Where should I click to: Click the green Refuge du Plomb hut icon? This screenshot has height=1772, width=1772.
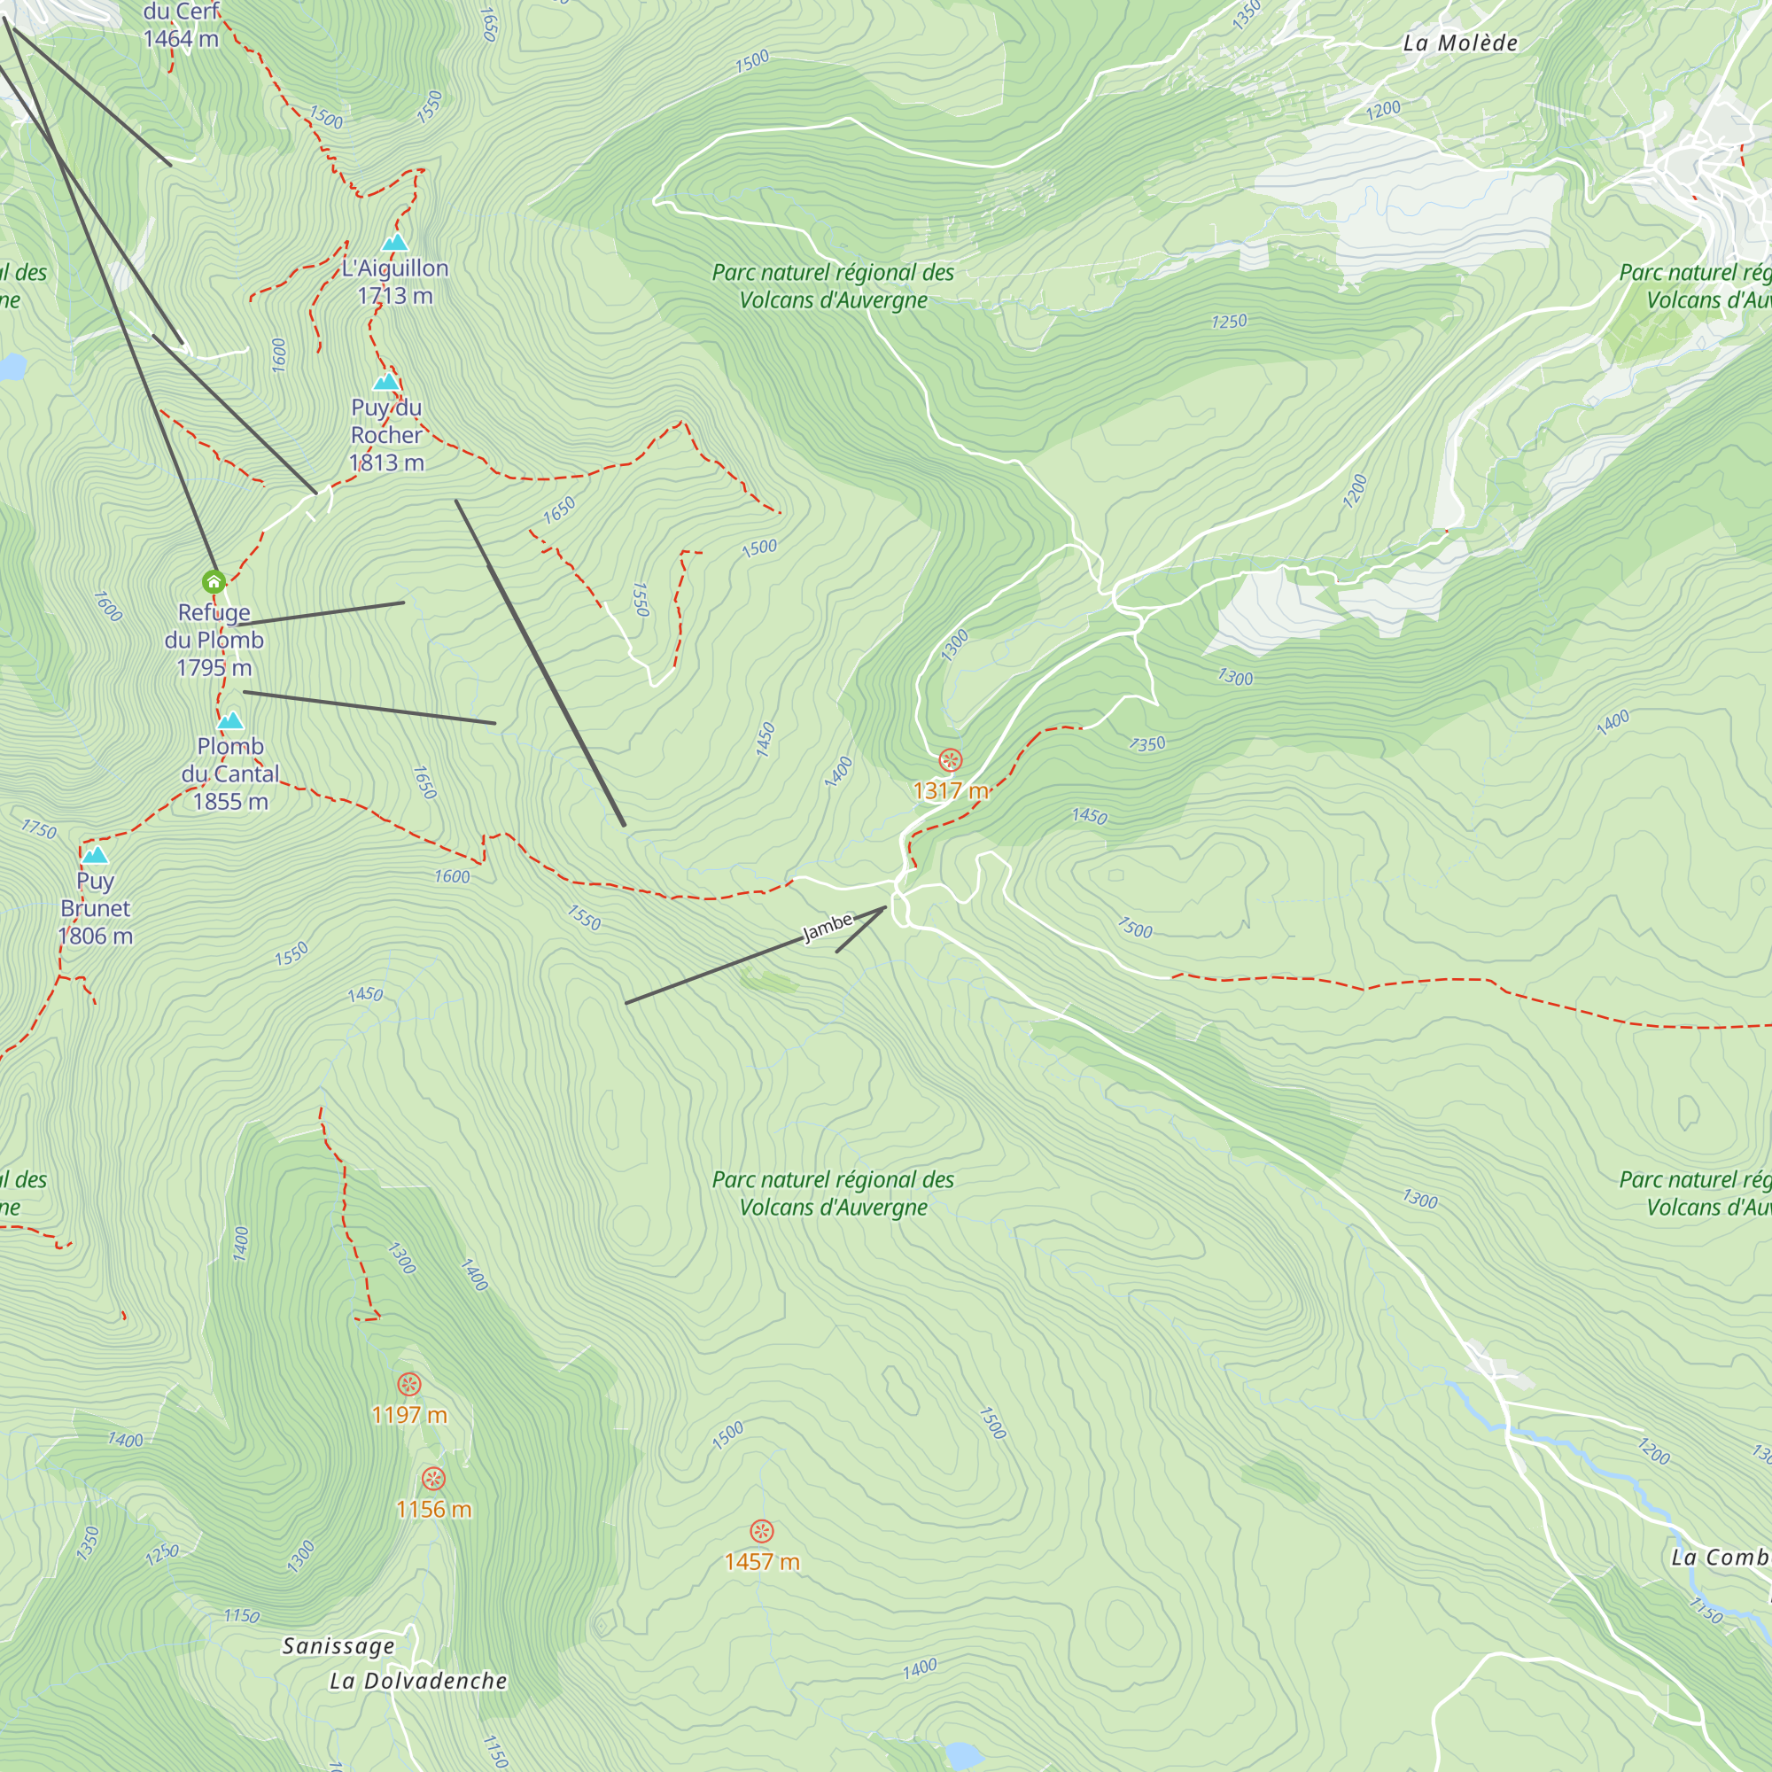(x=214, y=581)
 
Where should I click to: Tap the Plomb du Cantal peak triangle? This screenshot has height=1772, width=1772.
(x=230, y=721)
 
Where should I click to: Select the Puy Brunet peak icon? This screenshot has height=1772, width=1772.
(x=96, y=856)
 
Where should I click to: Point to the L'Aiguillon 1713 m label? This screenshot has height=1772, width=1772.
(x=395, y=282)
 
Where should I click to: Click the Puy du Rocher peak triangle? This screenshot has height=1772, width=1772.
(x=386, y=382)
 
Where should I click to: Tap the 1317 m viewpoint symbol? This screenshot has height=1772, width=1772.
(x=951, y=760)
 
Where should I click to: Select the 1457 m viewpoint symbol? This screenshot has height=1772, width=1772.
(x=761, y=1531)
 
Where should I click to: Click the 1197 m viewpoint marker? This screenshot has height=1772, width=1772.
(x=409, y=1384)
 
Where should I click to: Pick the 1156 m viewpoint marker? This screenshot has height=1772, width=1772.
(x=434, y=1479)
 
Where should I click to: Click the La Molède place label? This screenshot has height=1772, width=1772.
(x=1460, y=43)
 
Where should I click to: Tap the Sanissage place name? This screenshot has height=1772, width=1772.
(x=338, y=1645)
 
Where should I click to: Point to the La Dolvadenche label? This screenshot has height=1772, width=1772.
(x=418, y=1680)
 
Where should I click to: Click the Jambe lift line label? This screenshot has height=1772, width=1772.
(x=828, y=927)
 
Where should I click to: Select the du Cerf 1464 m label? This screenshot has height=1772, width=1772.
(x=182, y=25)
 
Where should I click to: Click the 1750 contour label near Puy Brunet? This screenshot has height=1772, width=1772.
(x=38, y=829)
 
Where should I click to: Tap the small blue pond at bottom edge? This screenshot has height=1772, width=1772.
(x=962, y=1755)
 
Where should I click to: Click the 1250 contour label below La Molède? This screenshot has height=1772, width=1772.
(x=1228, y=321)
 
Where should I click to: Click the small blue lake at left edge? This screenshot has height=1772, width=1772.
(x=11, y=367)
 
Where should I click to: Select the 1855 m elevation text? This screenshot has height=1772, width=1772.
(x=230, y=802)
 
